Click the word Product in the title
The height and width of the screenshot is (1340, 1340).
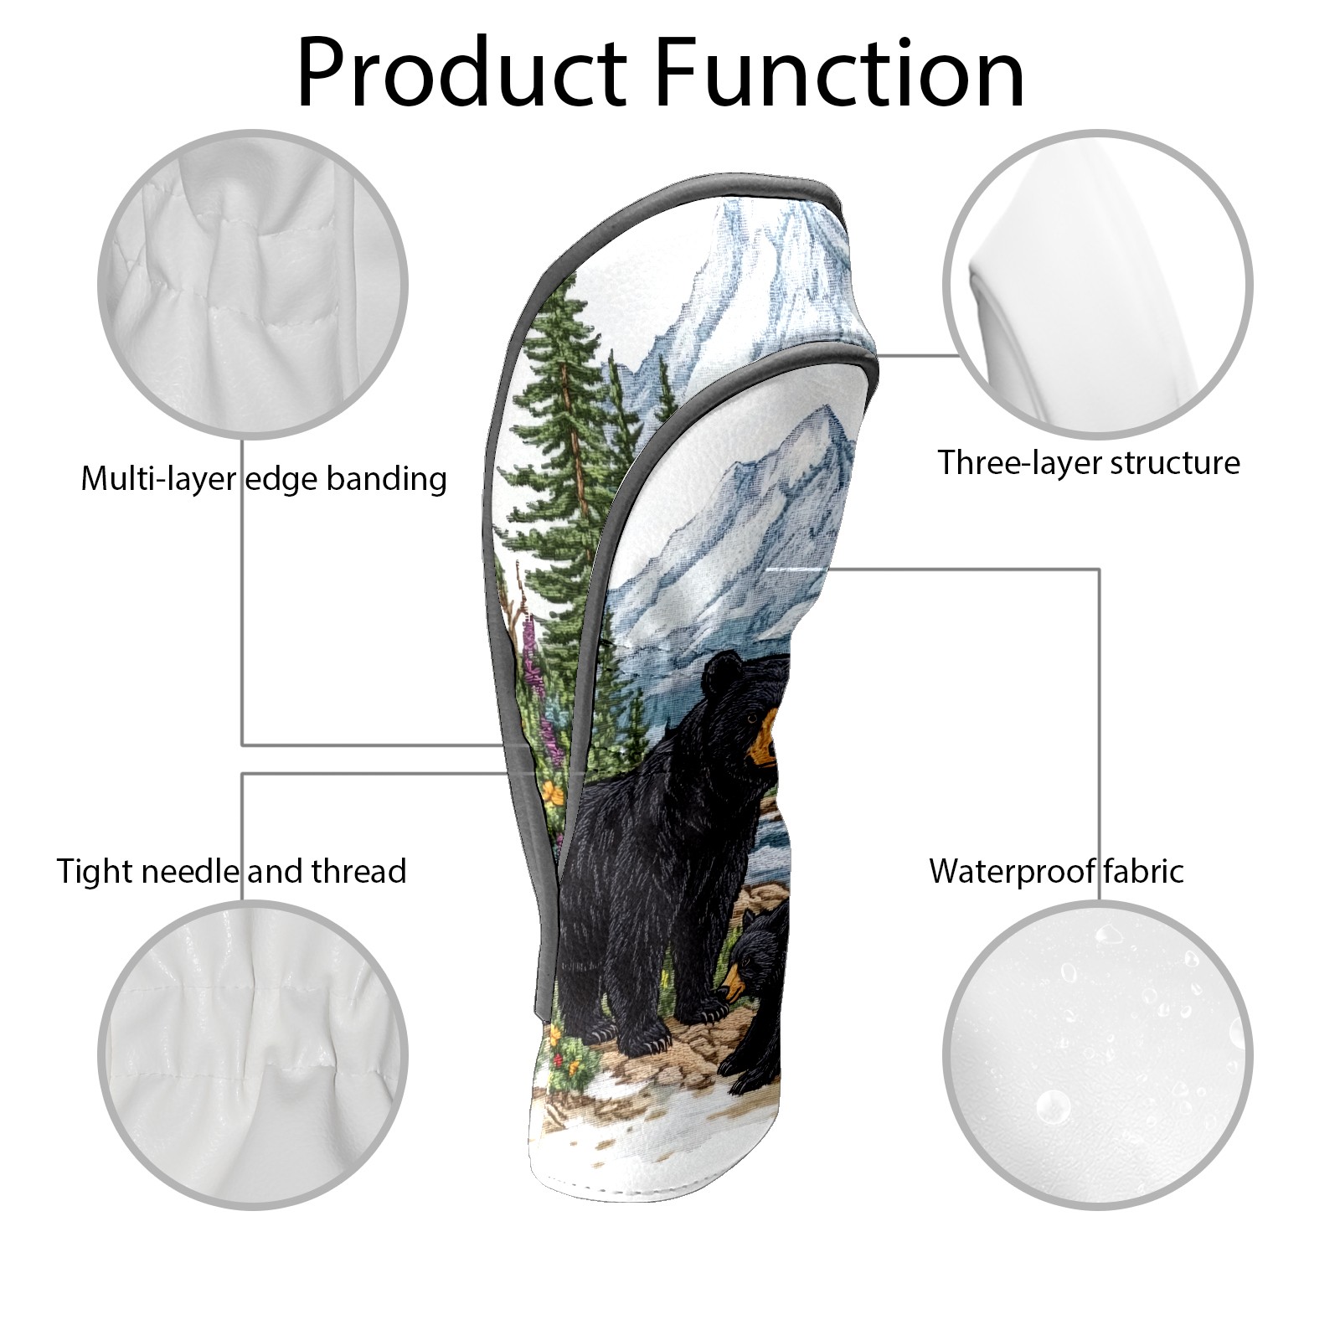click(461, 74)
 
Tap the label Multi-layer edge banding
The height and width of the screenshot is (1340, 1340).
click(264, 479)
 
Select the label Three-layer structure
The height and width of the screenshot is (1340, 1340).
click(1088, 462)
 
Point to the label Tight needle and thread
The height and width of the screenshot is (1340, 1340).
click(231, 871)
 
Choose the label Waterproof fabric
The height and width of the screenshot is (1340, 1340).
click(1056, 871)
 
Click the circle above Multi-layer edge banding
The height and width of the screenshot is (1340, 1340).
click(253, 284)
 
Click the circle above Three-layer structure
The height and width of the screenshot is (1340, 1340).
click(1097, 284)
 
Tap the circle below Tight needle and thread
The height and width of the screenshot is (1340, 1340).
click(253, 1054)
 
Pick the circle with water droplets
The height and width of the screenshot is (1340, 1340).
click(1097, 1054)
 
